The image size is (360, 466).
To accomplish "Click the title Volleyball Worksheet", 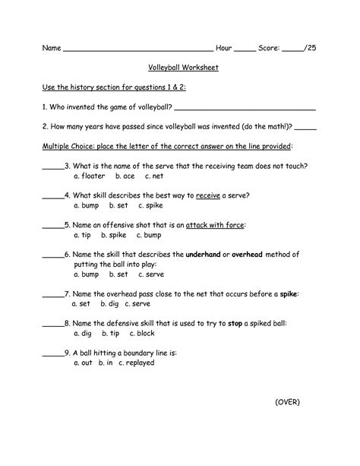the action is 181,68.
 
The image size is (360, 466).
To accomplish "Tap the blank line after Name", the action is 136,49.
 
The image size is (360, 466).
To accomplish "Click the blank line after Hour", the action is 245,49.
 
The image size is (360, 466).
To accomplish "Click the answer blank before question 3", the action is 52,166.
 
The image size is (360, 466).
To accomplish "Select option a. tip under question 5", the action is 84,235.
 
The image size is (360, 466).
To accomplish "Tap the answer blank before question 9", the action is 52,353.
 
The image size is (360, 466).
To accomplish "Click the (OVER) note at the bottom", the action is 287,423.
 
